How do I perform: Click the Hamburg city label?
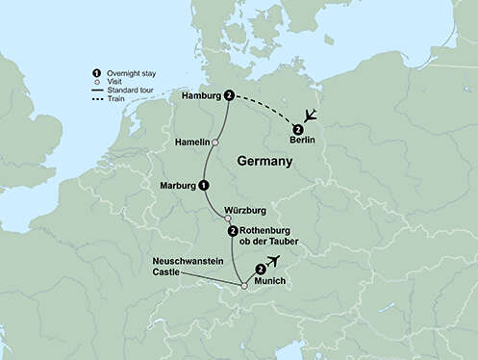[x=199, y=95]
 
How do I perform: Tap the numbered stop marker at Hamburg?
[x=229, y=95]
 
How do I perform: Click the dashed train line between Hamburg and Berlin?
[x=264, y=109]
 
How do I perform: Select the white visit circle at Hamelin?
[x=215, y=142]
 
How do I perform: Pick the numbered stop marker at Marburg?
[x=203, y=185]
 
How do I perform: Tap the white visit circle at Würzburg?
[x=228, y=219]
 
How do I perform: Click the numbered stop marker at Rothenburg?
[x=233, y=231]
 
